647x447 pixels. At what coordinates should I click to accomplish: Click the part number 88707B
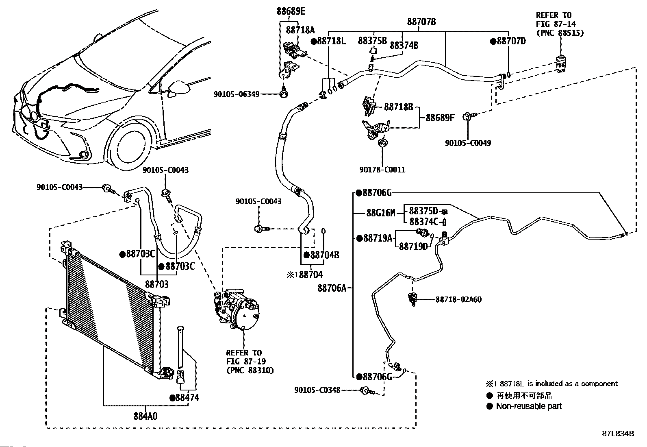click(421, 22)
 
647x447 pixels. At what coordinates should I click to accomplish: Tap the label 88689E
click(291, 11)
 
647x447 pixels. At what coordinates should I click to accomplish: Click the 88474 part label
click(187, 397)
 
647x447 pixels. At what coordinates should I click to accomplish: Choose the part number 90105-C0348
click(317, 390)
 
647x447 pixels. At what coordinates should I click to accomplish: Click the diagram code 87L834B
click(618, 434)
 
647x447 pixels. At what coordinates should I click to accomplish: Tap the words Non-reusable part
click(529, 406)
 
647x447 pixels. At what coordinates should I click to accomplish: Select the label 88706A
click(332, 288)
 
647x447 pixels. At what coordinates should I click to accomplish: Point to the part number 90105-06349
click(236, 94)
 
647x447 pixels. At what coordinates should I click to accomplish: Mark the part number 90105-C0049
click(468, 143)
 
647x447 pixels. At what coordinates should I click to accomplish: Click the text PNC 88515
click(560, 33)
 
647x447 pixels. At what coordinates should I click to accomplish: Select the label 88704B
click(324, 255)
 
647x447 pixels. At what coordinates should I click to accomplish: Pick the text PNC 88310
click(250, 370)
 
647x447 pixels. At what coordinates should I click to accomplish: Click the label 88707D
click(511, 41)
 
